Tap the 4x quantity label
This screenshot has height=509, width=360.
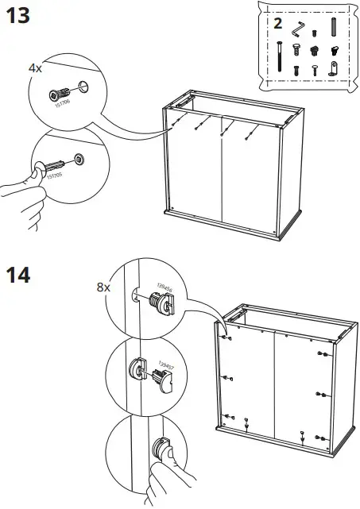coord(35,69)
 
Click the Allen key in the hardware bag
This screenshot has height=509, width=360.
coord(297,29)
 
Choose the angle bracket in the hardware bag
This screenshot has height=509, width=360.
coord(335,68)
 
